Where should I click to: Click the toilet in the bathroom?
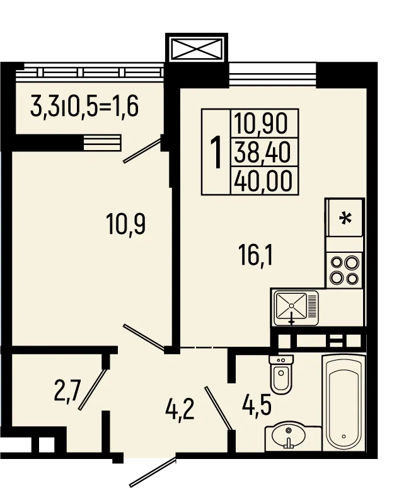point(281,374)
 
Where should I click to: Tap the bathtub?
point(344,402)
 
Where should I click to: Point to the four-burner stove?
point(344,270)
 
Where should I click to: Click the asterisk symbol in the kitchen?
point(345,218)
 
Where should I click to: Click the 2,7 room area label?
point(67,392)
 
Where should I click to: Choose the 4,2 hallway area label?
point(180,410)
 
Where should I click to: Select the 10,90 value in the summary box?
point(261,123)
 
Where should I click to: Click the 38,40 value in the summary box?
point(262,152)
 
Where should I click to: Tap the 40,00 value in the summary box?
point(263,180)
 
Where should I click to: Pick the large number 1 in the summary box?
point(216,152)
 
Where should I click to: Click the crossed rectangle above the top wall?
point(197,49)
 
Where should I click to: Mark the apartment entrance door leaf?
point(153,472)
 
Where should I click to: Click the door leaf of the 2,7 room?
point(93,389)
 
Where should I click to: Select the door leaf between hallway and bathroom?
point(218,409)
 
